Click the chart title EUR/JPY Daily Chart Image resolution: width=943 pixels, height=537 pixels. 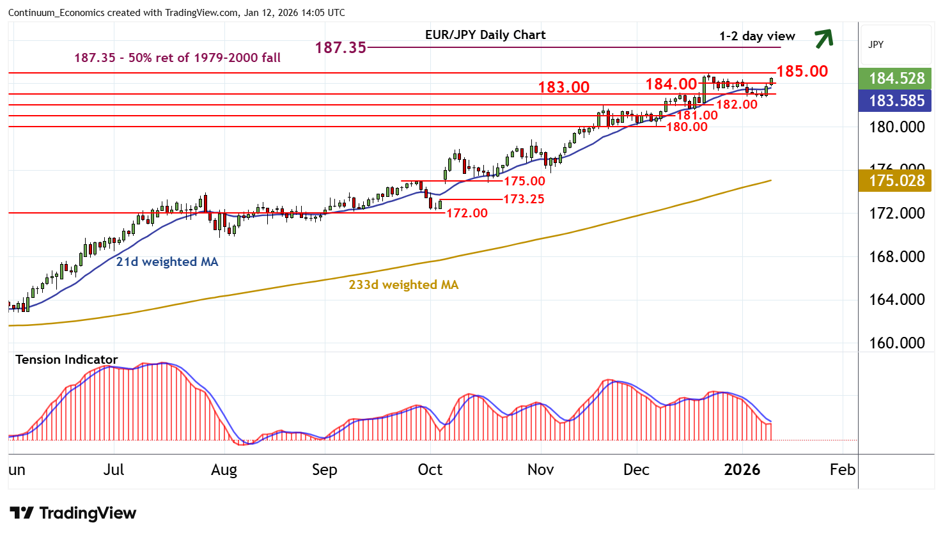(x=485, y=35)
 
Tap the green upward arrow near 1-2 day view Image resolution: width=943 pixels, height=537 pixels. (x=823, y=38)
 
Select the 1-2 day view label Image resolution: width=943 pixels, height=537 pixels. (x=757, y=36)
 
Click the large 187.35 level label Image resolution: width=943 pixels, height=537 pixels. (x=340, y=47)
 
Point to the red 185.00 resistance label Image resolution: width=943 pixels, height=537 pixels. (x=802, y=71)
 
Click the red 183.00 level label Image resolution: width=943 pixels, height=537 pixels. (x=563, y=87)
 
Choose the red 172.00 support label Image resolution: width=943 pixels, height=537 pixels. (x=467, y=213)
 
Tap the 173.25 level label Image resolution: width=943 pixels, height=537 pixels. (x=524, y=199)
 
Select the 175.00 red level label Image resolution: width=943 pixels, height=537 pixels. (x=524, y=181)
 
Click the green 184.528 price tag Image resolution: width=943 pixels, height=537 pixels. (x=897, y=78)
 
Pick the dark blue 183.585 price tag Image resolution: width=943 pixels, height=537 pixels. (x=897, y=100)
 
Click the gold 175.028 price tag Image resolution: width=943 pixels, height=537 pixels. (x=897, y=180)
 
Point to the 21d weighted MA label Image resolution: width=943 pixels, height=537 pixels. (x=167, y=261)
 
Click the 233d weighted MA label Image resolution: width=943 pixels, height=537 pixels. (x=403, y=284)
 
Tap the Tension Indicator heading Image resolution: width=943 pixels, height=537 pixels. (x=66, y=359)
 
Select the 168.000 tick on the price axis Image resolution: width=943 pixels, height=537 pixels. (x=897, y=256)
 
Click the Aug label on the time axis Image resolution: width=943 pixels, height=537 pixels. (x=224, y=470)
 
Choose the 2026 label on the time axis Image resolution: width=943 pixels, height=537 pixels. (x=742, y=470)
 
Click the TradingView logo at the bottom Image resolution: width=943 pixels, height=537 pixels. (x=73, y=513)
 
